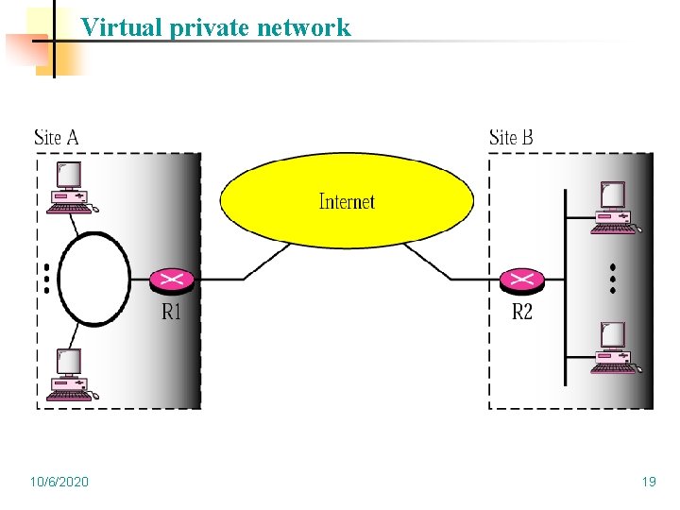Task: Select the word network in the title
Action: coord(307,27)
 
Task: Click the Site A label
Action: coord(57,138)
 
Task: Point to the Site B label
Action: coord(511,138)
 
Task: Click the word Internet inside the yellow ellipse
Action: coord(347,201)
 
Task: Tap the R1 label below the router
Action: coord(171,312)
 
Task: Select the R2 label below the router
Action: coord(522,312)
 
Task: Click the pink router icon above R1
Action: coord(172,280)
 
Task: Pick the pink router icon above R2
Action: coord(521,280)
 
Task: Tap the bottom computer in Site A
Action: coord(71,375)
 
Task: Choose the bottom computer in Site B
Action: coord(614,348)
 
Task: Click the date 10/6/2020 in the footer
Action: coord(59,482)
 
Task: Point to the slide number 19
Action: coord(649,482)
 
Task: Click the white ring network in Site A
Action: coord(94,279)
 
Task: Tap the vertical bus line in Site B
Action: coord(565,283)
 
